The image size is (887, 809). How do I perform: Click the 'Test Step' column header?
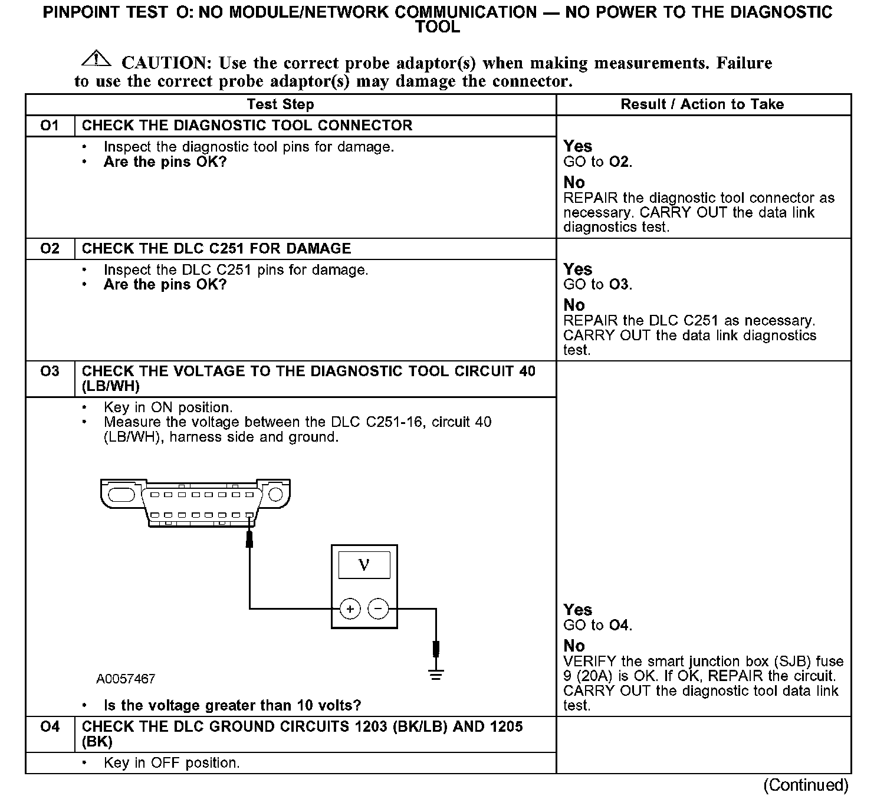(280, 104)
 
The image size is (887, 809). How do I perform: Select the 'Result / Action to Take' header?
(702, 104)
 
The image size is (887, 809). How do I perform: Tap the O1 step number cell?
(50, 126)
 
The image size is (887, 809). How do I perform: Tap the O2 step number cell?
(50, 248)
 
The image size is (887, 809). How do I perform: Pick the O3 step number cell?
(50, 371)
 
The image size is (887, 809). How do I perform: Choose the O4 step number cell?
(50, 727)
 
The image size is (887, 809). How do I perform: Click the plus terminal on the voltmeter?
(350, 609)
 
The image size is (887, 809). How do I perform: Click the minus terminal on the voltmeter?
(378, 609)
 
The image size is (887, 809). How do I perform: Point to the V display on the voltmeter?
(364, 565)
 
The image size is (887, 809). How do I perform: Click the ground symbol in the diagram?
(436, 675)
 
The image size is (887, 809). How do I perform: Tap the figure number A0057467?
(126, 679)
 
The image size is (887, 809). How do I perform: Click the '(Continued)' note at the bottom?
(806, 785)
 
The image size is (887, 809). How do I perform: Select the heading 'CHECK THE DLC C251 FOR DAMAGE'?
(216, 248)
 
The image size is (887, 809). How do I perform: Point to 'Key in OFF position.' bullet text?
(172, 762)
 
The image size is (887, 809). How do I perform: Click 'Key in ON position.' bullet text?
(168, 407)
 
